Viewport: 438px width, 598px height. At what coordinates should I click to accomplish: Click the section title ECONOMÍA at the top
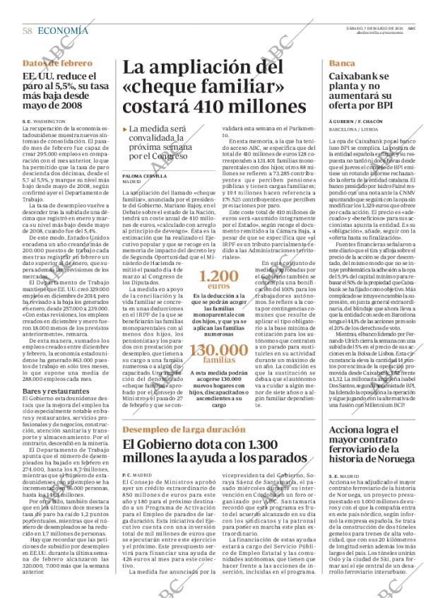(63, 30)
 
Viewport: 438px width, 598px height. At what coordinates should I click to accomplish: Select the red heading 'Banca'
(342, 64)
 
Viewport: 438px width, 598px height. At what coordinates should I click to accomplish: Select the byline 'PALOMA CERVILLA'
(145, 175)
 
